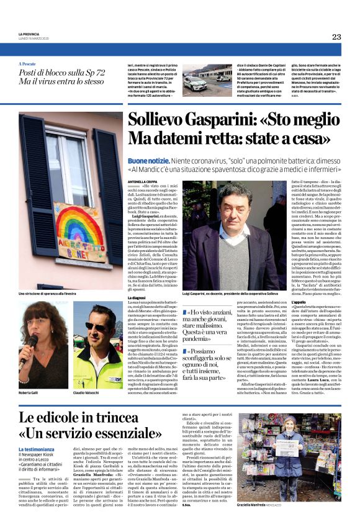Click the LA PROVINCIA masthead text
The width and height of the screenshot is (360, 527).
pyautogui.click(x=29, y=34)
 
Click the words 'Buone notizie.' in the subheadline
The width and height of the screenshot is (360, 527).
pyautogui.click(x=147, y=160)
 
